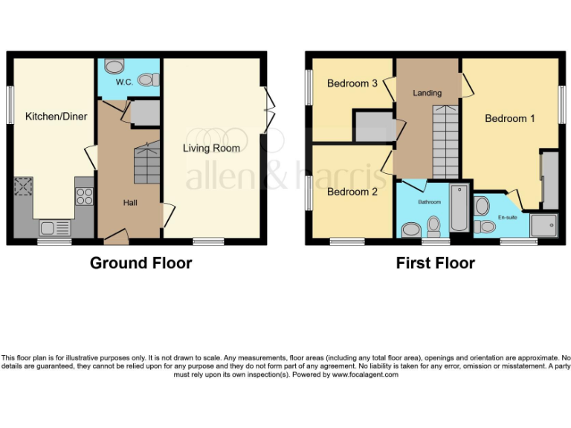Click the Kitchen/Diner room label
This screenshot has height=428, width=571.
[57, 117]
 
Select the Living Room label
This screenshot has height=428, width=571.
[212, 148]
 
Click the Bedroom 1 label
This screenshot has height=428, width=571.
[510, 118]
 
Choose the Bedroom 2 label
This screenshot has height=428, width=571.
[352, 192]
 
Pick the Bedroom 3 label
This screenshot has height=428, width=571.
[352, 83]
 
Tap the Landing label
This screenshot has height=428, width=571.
[427, 93]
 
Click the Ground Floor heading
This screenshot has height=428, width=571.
[141, 263]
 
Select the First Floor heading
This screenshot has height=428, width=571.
[436, 263]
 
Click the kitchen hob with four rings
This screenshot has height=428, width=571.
[85, 195]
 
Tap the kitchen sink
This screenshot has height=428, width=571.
[55, 227]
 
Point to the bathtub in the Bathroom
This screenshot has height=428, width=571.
[459, 207]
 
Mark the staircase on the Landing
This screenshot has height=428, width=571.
[445, 141]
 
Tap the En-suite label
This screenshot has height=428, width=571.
[507, 217]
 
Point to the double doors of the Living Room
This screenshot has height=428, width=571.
[268, 110]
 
